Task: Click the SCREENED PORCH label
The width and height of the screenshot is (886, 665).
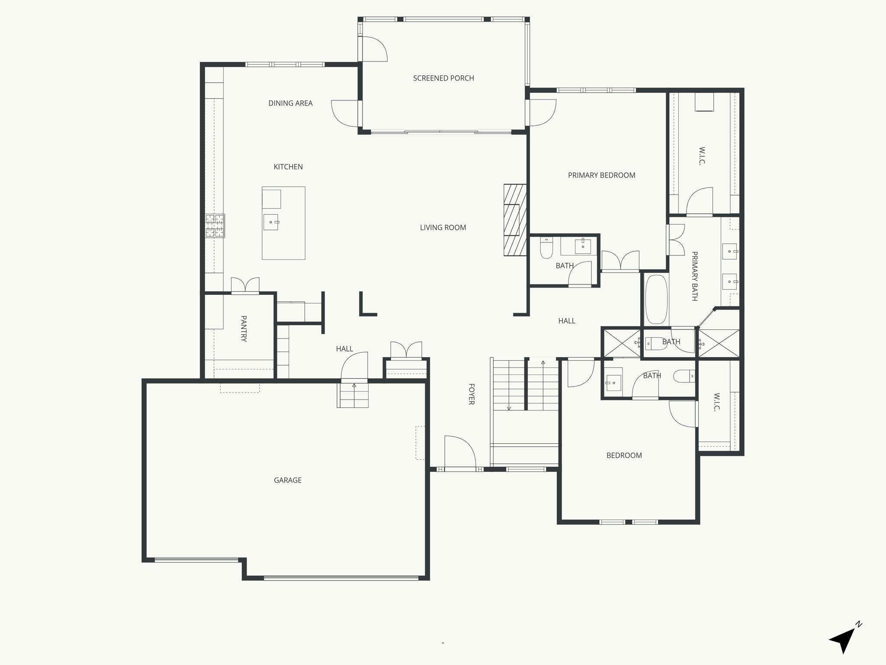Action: tap(443, 78)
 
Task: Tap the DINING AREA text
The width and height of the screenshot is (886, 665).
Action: tap(290, 103)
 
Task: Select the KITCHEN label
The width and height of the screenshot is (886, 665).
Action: tap(288, 167)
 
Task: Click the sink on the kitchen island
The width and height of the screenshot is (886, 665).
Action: tap(271, 222)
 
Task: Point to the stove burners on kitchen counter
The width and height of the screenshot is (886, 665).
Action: tap(215, 226)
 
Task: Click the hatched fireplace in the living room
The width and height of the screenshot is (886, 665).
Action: tap(515, 220)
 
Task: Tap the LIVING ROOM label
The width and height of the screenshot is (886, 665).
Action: tap(443, 227)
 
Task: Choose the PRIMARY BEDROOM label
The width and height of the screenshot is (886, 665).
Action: tap(601, 175)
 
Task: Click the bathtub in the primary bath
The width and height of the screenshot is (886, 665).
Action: tap(656, 299)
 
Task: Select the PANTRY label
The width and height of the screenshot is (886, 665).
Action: tap(244, 329)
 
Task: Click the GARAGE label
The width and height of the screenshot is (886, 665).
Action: tap(288, 480)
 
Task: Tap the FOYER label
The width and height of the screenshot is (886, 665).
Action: tap(472, 394)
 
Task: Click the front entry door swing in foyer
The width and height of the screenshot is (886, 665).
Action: tap(459, 452)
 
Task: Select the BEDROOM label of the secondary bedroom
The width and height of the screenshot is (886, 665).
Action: tap(624, 455)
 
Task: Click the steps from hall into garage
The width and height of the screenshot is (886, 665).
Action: tap(353, 395)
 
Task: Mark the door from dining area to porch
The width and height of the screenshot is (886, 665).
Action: tap(345, 113)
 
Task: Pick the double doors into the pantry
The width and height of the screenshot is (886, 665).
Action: tap(245, 285)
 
